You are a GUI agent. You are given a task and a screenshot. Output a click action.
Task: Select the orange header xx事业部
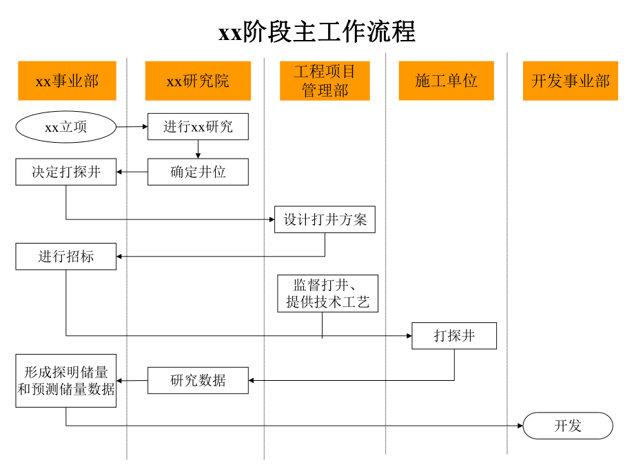67,81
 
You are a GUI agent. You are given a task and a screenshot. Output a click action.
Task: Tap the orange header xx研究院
198,81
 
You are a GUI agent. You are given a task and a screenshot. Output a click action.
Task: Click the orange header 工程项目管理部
325,81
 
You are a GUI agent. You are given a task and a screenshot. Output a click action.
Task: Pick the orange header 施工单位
446,81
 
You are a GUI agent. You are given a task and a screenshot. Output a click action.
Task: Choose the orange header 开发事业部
570,81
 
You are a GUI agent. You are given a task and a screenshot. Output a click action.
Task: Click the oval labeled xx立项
66,127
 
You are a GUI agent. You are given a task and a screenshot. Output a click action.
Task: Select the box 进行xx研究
198,127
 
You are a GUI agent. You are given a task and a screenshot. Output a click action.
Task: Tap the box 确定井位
198,172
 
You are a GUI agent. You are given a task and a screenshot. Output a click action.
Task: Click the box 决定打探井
66,172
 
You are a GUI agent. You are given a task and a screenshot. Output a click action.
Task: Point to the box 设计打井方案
325,219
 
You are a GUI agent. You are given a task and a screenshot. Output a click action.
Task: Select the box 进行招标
66,257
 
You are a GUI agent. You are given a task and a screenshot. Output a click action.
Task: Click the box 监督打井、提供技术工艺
327,293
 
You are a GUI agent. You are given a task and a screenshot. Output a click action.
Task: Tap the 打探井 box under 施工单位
454,336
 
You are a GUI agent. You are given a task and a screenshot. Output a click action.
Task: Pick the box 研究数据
198,380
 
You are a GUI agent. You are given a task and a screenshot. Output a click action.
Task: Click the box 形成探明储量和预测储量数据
66,380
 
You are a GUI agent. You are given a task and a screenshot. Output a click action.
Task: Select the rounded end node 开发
568,426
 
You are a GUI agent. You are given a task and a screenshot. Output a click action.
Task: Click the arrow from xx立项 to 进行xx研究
132,126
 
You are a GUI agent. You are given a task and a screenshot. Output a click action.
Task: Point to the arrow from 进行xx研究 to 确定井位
198,149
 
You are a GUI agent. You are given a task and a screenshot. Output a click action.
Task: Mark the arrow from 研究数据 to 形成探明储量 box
132,380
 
